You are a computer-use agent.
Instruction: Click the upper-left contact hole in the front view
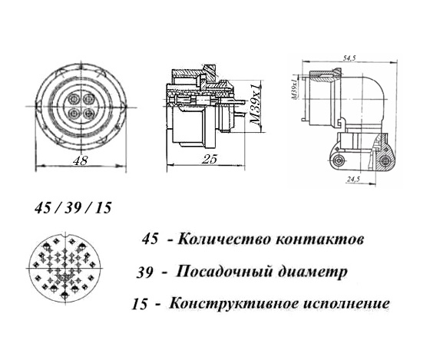73,97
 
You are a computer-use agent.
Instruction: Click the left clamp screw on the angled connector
339,160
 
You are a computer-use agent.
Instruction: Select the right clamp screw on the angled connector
387,160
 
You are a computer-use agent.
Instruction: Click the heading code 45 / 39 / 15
74,208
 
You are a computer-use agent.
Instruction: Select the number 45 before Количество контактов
151,239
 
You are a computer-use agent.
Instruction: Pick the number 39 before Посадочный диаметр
145,272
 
